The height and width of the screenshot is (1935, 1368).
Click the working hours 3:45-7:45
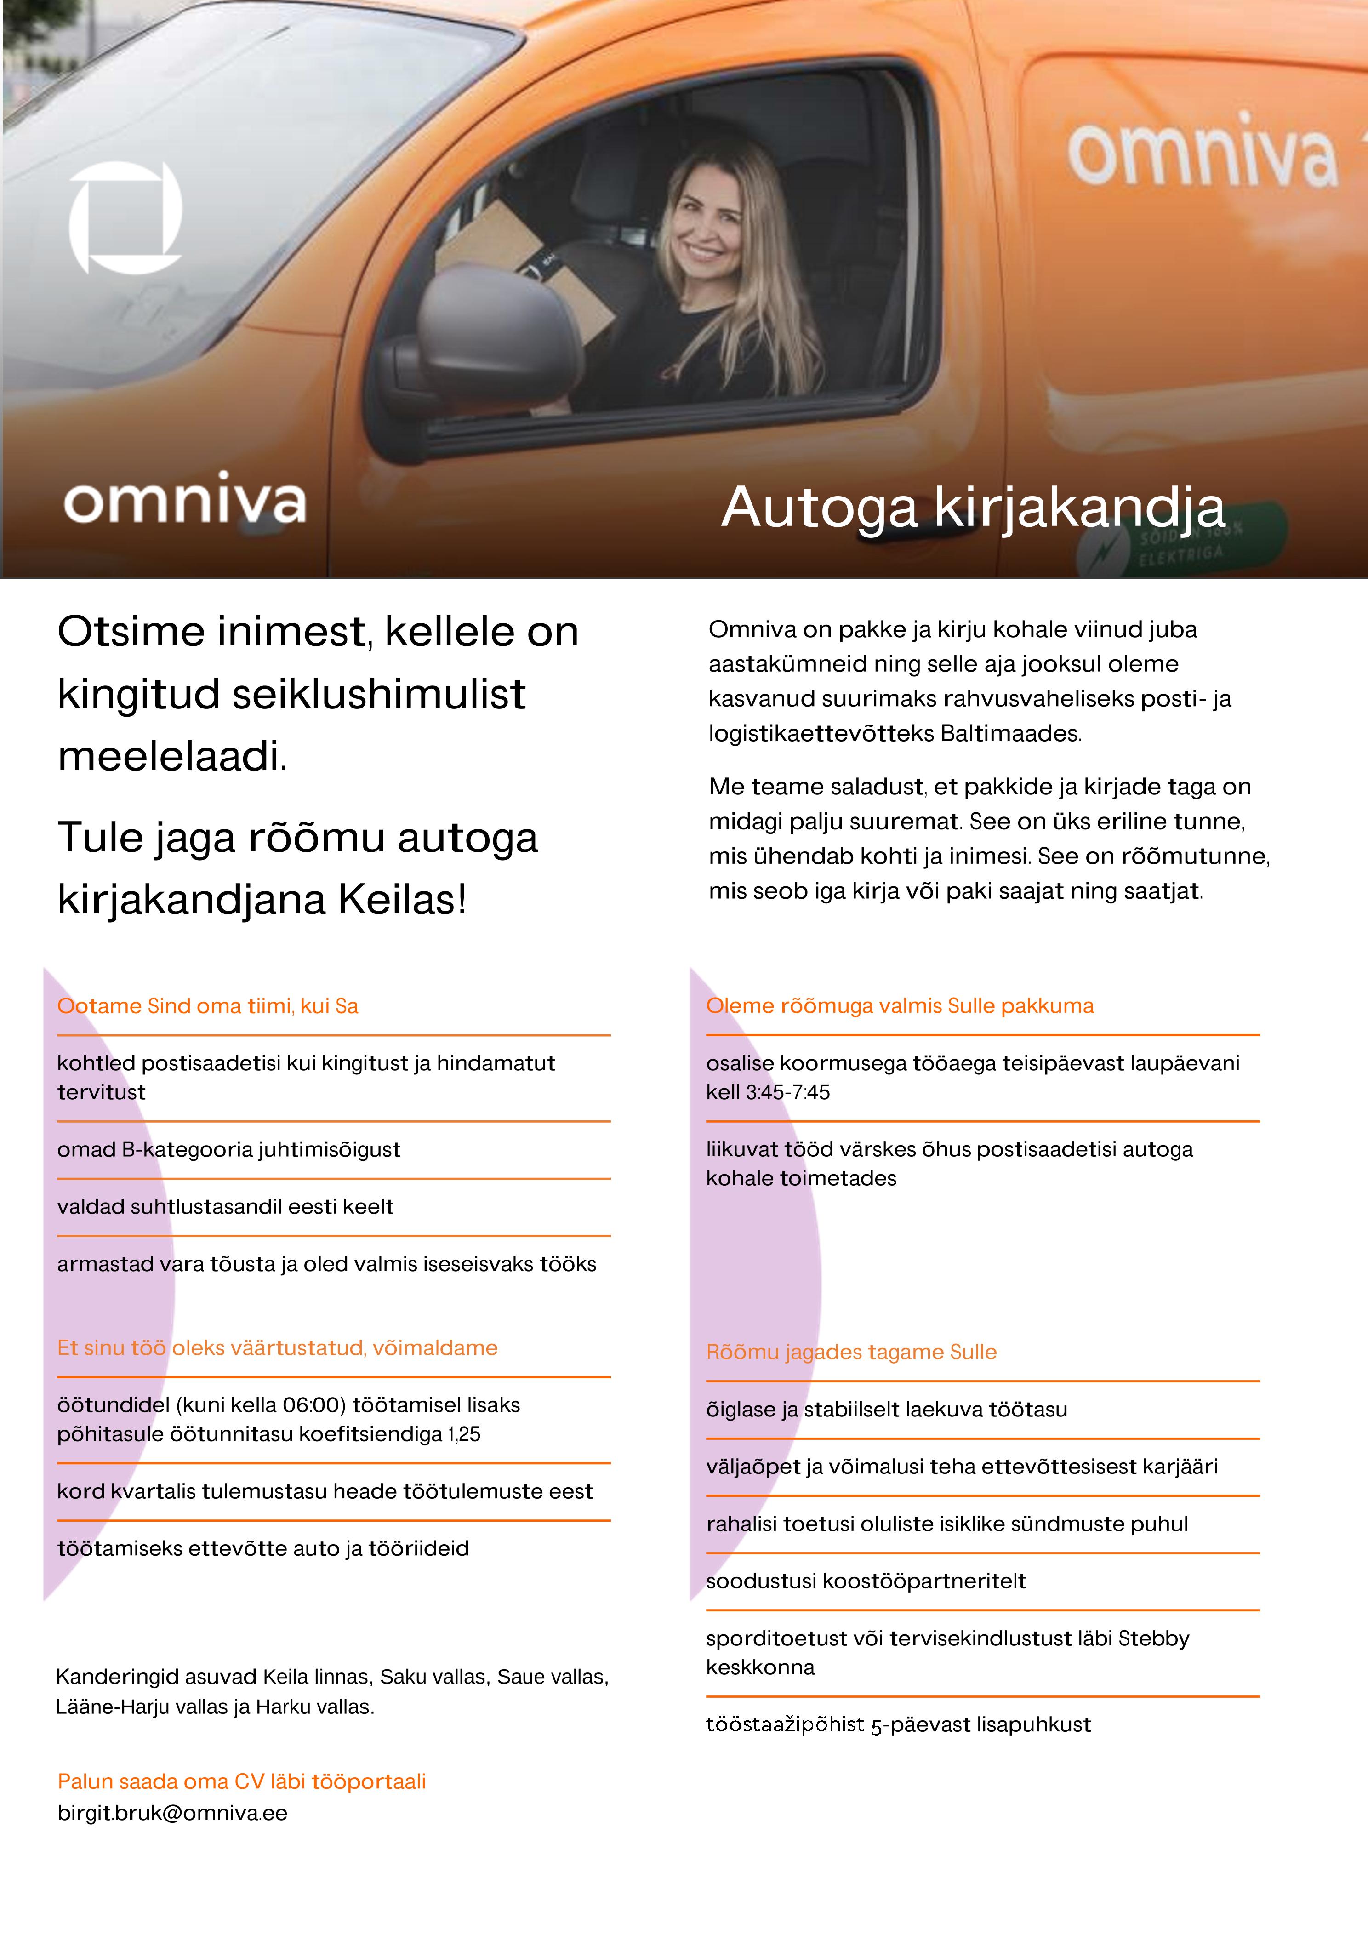[x=787, y=1092]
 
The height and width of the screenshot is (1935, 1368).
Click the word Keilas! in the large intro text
[x=402, y=899]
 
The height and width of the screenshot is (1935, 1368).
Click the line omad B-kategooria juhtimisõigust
[x=228, y=1149]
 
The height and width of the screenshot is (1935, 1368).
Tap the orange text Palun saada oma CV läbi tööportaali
[x=241, y=1781]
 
